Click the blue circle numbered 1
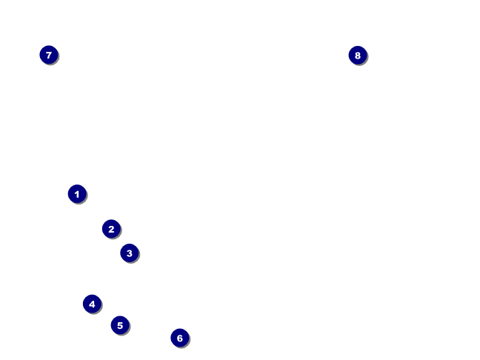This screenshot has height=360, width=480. point(77,194)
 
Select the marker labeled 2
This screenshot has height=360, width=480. point(111,229)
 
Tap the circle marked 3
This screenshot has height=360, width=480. point(129,253)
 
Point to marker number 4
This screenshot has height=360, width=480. point(92,304)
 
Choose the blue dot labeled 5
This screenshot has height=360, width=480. point(120,325)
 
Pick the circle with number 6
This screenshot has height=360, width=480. point(179,338)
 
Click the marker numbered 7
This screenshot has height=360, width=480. point(49,55)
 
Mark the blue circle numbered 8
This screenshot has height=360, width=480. point(358,55)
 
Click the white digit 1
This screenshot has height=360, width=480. point(77,194)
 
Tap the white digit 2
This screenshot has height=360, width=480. point(111,229)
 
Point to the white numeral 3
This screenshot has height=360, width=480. point(129,253)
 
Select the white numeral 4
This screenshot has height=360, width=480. point(92,304)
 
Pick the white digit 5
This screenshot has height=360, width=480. point(120,325)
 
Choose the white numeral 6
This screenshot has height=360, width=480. point(179,338)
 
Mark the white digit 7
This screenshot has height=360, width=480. point(49,55)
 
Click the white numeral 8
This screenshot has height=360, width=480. point(358,55)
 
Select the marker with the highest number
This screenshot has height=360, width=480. point(358,55)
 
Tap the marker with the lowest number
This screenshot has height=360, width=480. point(77,194)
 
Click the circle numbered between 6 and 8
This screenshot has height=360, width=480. point(49,55)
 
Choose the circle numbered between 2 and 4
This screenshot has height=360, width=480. point(129,253)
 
